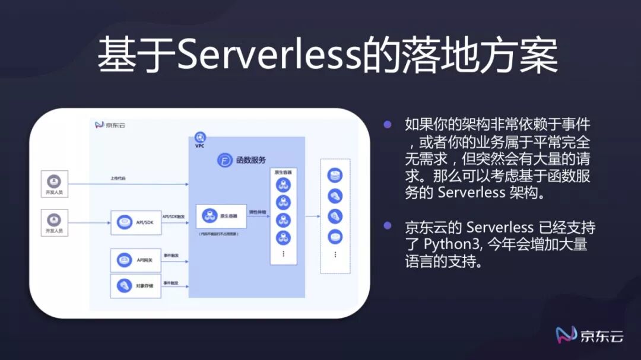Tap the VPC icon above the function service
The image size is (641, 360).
click(200, 138)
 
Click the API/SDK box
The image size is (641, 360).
click(136, 222)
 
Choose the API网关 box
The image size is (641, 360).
click(136, 260)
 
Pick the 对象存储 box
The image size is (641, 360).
click(136, 285)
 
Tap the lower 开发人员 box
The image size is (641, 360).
click(55, 222)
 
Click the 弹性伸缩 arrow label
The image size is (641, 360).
click(256, 212)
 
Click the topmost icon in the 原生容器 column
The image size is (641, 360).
click(283, 184)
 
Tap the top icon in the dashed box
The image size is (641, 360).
click(335, 176)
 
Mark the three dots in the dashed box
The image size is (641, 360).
click(335, 254)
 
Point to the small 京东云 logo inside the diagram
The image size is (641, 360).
click(110, 125)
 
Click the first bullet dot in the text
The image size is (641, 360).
click(388, 125)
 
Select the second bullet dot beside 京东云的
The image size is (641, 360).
click(388, 226)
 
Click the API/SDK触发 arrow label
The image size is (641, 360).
click(174, 217)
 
